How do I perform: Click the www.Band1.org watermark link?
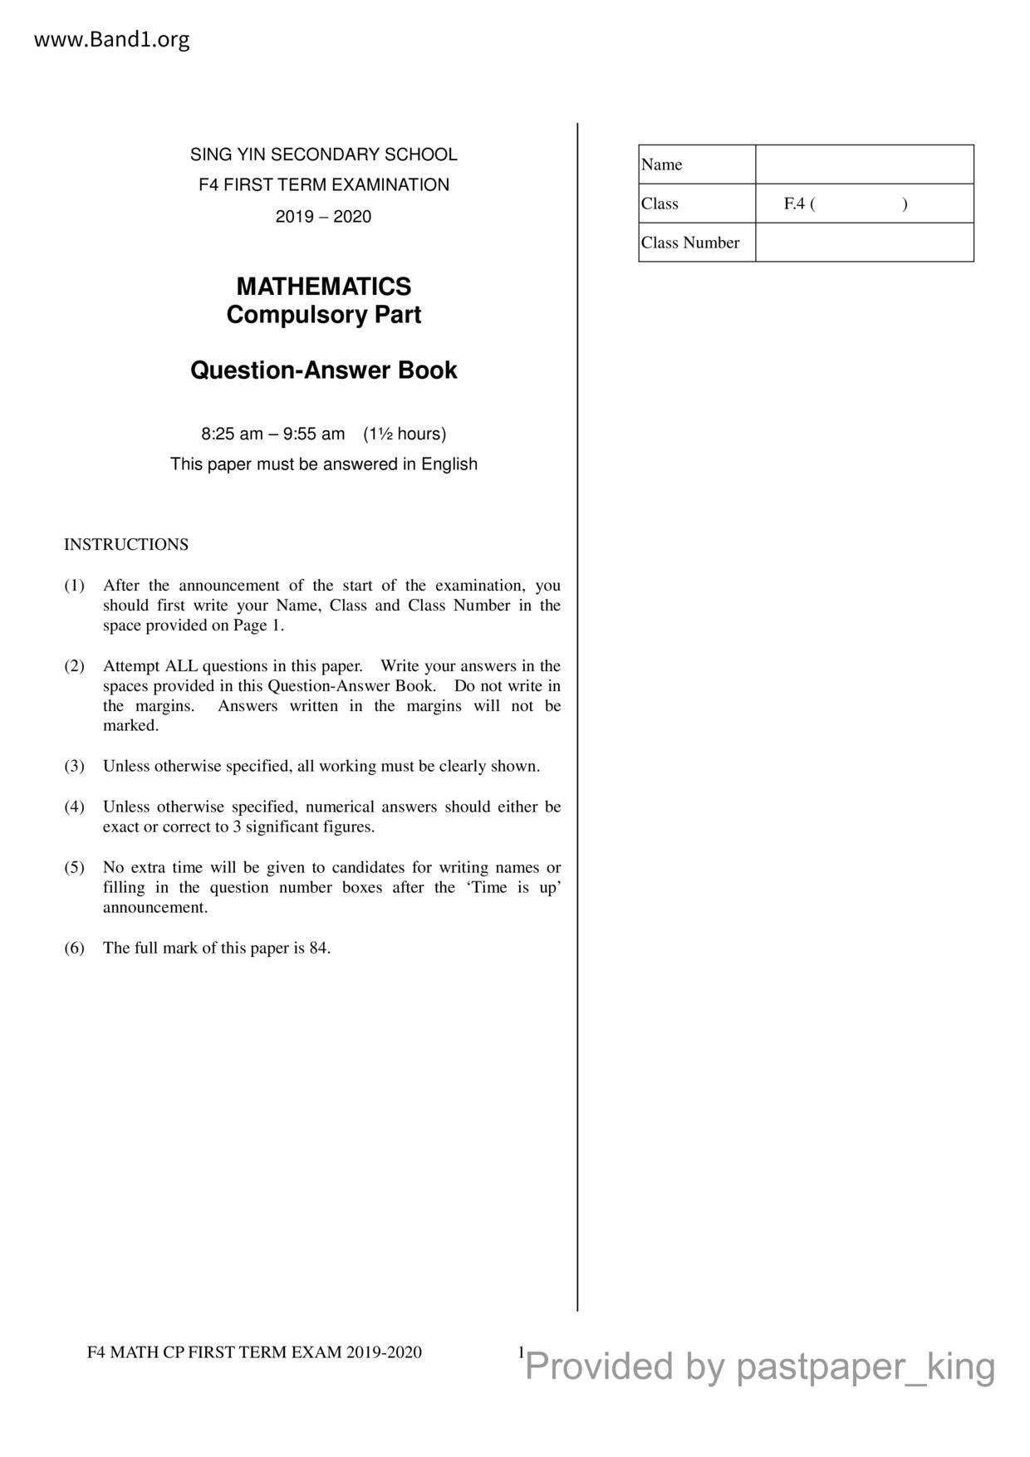111,39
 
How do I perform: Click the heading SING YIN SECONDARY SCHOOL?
323,155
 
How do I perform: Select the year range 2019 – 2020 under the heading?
323,217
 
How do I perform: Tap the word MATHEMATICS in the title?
323,287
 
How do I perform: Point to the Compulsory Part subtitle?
323,315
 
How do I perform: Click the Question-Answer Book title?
323,370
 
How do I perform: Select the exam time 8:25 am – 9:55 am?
272,434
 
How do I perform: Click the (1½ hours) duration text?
405,434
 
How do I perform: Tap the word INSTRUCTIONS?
126,545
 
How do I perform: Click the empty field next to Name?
864,164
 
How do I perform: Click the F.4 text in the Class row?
794,204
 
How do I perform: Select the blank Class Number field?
864,243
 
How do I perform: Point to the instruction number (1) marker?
75,586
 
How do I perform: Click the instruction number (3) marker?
75,767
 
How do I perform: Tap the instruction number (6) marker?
75,949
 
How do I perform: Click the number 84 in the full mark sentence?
319,949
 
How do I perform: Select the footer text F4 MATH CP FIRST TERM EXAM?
254,1352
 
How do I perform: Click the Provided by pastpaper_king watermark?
760,1366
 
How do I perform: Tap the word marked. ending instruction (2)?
130,726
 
